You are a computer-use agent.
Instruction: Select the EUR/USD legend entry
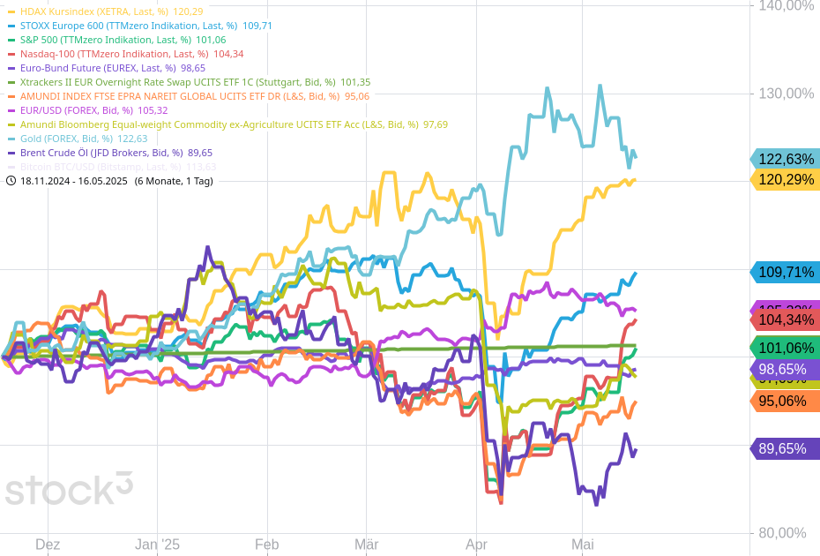click(93, 110)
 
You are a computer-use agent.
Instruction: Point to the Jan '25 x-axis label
click(158, 545)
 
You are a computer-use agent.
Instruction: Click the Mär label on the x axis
click(366, 545)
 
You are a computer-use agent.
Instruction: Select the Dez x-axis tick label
click(48, 545)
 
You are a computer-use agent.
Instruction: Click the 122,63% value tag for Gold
click(785, 159)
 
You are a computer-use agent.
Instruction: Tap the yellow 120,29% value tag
click(785, 180)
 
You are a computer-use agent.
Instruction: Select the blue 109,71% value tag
click(785, 272)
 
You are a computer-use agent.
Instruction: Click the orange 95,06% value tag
click(785, 401)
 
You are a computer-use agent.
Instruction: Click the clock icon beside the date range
click(11, 181)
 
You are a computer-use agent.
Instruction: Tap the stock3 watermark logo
click(69, 488)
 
